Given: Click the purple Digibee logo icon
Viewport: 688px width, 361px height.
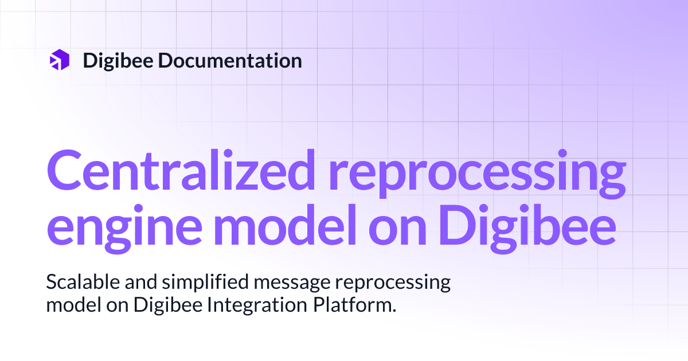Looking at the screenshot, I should coord(60,60).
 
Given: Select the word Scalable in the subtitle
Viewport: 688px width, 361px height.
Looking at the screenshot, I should coord(79,282).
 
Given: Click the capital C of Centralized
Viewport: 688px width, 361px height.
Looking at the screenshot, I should coord(63,171).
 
